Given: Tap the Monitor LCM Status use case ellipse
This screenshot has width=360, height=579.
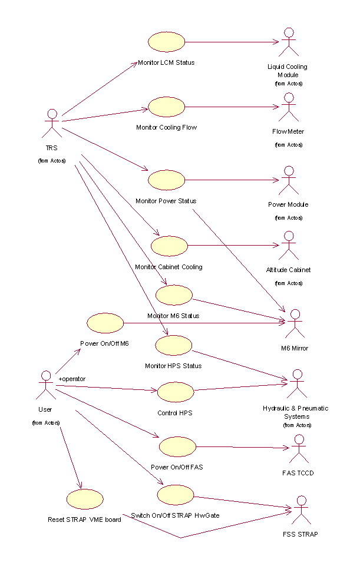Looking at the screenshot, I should pyautogui.click(x=166, y=42).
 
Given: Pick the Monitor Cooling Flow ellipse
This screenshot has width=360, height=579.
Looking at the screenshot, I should pyautogui.click(x=166, y=107).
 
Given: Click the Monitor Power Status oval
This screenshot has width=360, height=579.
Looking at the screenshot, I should pyautogui.click(x=166, y=180).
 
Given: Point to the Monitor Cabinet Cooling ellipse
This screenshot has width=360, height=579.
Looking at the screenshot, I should pyautogui.click(x=169, y=246).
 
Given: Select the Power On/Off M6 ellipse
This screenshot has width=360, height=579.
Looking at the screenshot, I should pyautogui.click(x=105, y=323).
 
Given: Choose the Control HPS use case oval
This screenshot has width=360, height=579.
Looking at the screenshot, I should pyautogui.click(x=176, y=392).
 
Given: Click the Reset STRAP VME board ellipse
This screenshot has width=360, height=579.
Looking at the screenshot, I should pyautogui.click(x=85, y=499).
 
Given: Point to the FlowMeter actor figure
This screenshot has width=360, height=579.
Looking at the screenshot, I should pyautogui.click(x=288, y=107).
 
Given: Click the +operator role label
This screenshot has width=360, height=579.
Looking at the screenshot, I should pyautogui.click(x=72, y=378).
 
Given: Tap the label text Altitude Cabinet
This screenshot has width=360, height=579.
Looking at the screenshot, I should pyautogui.click(x=288, y=270).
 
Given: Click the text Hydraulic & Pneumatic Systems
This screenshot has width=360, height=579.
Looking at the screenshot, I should pyautogui.click(x=295, y=412).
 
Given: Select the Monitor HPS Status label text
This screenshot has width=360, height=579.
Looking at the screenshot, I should pyautogui.click(x=173, y=366).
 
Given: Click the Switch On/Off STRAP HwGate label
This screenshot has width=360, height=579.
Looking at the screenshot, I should pyautogui.click(x=175, y=515).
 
